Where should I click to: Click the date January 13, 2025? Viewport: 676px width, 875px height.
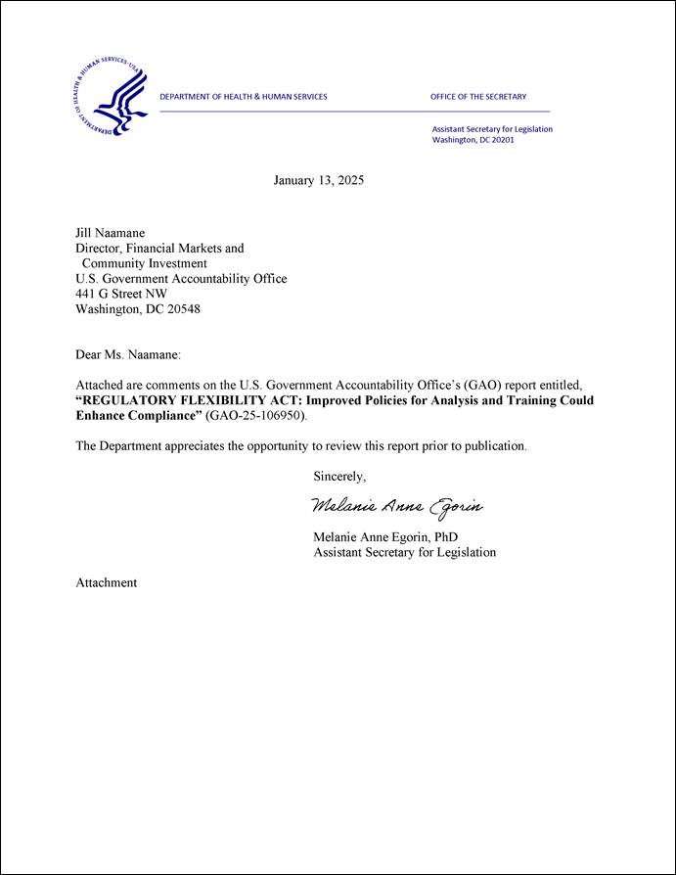318,180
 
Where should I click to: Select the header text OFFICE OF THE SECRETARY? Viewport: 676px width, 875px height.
477,97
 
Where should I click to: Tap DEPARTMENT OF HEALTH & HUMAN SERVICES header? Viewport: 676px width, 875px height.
244,97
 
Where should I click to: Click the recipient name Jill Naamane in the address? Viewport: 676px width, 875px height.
111,234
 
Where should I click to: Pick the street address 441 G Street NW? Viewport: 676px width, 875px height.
121,294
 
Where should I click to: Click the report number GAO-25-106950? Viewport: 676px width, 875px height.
255,417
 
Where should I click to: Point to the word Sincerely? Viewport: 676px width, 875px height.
339,477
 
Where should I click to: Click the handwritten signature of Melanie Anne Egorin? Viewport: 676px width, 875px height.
397,506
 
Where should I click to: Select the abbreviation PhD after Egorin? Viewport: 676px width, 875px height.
444,537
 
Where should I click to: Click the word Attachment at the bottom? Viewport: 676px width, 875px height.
107,582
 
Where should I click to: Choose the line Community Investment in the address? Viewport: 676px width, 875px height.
144,263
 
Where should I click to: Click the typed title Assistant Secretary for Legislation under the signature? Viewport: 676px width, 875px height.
404,552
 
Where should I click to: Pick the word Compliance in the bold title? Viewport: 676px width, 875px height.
162,417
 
